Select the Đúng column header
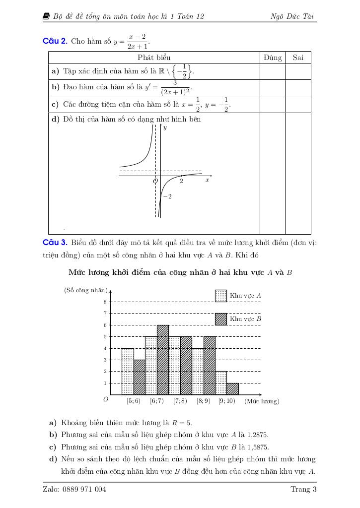273,58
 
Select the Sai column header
298,58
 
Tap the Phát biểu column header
154,58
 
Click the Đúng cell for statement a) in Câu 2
273,71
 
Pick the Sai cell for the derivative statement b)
298,88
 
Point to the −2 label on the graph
167,196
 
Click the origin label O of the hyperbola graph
155,181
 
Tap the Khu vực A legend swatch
220,296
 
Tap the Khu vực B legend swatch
220,318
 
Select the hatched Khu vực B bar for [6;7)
163,360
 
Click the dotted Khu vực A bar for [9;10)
221,383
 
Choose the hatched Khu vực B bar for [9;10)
233,389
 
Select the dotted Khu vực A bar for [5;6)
128,372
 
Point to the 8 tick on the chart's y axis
105,302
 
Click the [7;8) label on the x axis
180,401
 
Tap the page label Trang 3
303,490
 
